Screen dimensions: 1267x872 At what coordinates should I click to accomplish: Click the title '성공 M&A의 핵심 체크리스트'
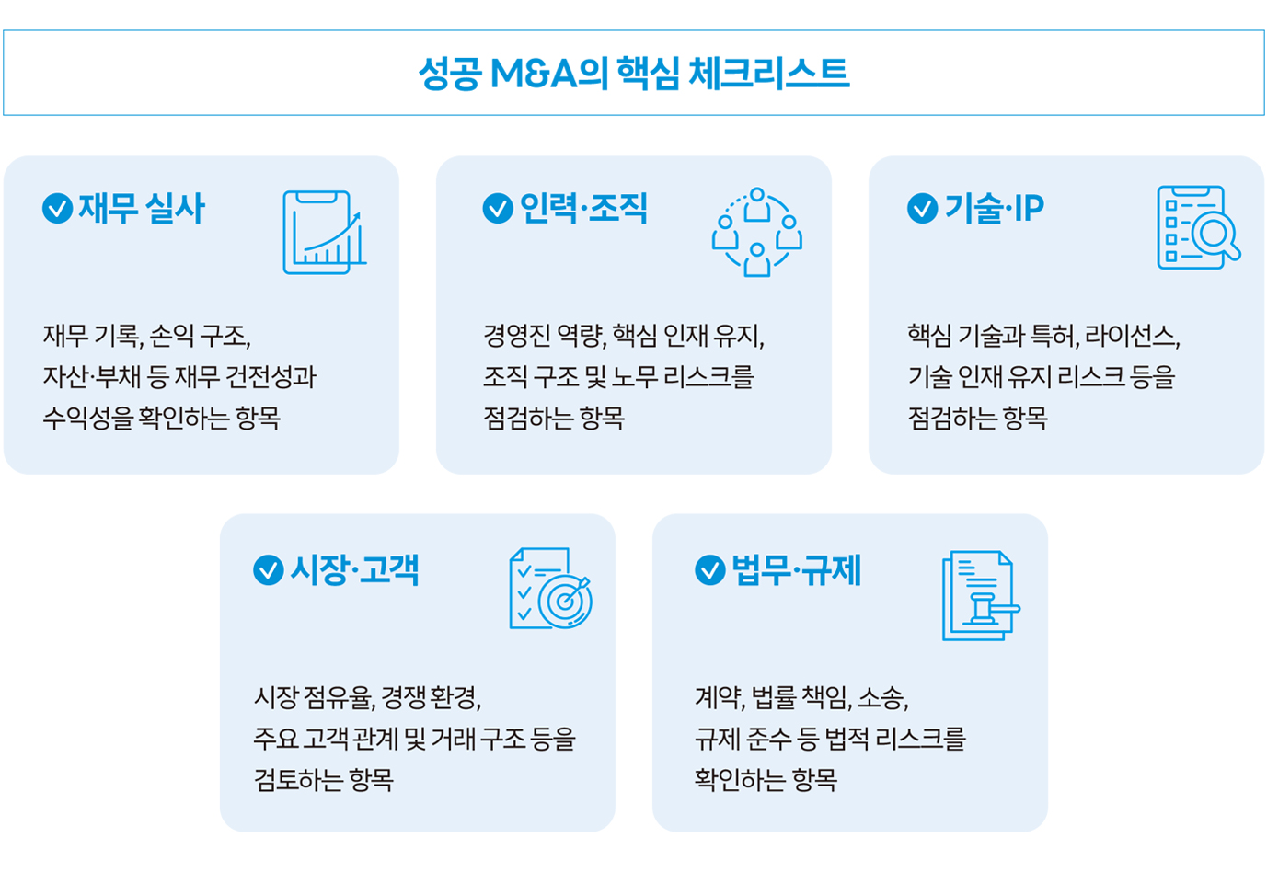click(633, 73)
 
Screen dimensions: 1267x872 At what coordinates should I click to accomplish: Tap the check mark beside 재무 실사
click(58, 208)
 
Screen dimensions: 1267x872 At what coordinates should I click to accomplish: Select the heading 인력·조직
click(583, 208)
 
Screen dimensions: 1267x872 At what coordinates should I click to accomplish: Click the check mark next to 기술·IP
click(923, 208)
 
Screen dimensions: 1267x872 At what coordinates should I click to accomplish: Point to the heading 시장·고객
click(354, 569)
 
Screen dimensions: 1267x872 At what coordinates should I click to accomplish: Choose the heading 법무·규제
click(797, 569)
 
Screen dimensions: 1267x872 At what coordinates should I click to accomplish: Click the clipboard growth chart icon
click(325, 233)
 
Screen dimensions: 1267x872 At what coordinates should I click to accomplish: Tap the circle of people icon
click(757, 232)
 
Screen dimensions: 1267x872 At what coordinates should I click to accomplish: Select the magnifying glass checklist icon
click(1199, 227)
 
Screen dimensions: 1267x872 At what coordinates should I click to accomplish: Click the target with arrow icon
click(551, 588)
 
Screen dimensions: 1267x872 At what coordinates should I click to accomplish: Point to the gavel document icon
click(982, 595)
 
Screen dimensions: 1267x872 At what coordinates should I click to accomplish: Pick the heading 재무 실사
click(142, 208)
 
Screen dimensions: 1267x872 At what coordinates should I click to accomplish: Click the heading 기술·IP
click(995, 208)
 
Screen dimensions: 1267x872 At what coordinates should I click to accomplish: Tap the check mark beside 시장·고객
click(269, 569)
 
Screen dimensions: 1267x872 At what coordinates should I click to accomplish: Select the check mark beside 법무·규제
click(710, 569)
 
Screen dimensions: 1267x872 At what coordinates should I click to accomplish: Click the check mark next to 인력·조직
click(499, 208)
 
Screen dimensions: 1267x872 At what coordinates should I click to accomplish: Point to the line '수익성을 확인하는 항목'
click(162, 418)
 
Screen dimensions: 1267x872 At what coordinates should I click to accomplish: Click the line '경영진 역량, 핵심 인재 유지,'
click(624, 336)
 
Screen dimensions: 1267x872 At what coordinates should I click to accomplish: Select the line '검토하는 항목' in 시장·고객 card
click(324, 780)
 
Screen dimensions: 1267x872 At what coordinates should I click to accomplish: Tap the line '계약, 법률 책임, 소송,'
click(801, 697)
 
